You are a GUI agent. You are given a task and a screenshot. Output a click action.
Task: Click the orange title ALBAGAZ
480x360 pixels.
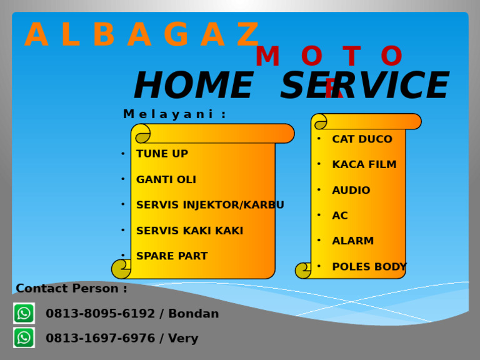tap(142, 36)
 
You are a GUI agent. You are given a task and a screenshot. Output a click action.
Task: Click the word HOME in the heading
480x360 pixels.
tap(193, 86)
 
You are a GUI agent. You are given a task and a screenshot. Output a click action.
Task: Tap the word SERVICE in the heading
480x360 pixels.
tap(364, 86)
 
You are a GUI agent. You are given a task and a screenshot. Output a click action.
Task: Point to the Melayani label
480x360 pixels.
tap(174, 114)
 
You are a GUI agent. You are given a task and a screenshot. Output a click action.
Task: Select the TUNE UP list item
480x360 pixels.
tap(162, 154)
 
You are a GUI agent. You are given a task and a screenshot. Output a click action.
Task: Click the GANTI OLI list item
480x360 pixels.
tap(166, 180)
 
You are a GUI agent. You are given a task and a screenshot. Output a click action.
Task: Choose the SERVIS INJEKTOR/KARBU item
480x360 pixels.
tap(210, 205)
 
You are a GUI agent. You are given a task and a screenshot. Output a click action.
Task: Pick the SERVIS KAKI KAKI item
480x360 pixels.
tap(189, 231)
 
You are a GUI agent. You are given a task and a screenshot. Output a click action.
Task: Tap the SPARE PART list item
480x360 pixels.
tap(172, 256)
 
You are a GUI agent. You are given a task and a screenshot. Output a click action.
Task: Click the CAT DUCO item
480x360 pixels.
tap(362, 139)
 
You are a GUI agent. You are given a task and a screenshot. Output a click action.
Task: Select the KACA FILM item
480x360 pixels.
tap(364, 165)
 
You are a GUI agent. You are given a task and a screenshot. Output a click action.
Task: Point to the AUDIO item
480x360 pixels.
tap(351, 191)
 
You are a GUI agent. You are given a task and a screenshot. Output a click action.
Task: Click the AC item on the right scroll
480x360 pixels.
tap(340, 216)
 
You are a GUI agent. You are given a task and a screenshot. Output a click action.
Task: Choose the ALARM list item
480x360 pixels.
tap(353, 241)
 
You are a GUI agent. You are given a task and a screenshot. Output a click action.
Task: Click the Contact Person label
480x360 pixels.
tap(71, 289)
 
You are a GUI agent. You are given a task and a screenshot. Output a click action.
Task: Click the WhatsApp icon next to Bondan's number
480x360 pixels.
tap(24, 313)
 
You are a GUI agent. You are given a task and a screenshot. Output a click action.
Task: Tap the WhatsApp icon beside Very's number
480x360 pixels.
tap(24, 337)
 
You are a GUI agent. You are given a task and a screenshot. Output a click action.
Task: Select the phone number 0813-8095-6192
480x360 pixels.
tap(100, 314)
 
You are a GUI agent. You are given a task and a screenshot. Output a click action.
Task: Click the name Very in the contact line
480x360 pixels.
tap(182, 339)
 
